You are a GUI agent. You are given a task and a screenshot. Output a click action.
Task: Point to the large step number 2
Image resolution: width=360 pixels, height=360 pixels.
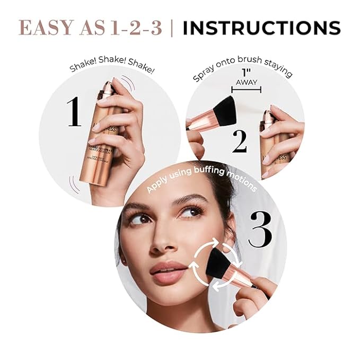click(x=240, y=141)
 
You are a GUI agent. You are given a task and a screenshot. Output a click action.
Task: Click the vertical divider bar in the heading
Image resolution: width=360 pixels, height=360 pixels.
click(x=171, y=28)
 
